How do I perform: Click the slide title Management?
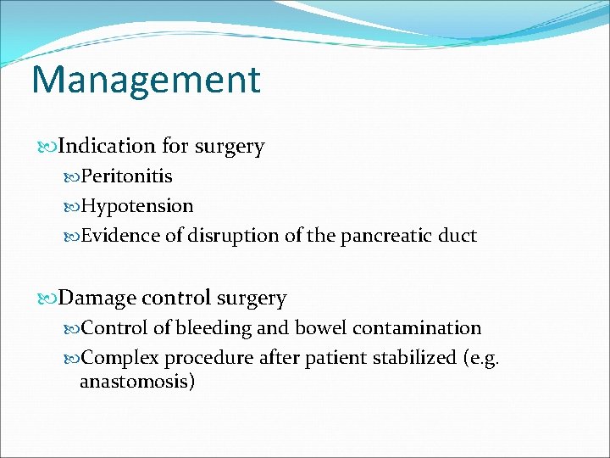coord(146,80)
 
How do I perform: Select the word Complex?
coord(120,358)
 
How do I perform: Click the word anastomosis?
coord(134,382)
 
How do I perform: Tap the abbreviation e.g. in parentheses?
coord(482,358)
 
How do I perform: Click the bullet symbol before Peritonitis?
coord(72,177)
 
